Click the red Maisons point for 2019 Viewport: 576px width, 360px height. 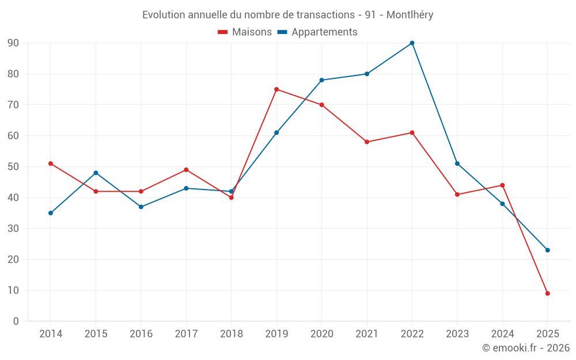click(x=276, y=89)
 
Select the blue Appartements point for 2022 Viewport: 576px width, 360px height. click(x=412, y=43)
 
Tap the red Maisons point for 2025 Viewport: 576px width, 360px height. click(x=547, y=293)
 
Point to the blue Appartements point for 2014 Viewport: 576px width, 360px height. click(x=51, y=213)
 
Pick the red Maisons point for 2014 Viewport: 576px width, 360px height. click(x=51, y=164)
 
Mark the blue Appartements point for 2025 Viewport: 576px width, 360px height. click(x=547, y=250)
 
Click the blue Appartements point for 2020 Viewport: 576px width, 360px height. click(x=321, y=80)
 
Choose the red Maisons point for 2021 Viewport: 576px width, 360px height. click(x=367, y=142)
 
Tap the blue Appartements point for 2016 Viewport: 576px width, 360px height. click(x=141, y=207)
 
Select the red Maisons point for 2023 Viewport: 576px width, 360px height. click(x=457, y=195)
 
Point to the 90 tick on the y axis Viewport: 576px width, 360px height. click(x=13, y=43)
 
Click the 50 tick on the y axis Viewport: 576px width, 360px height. click(x=13, y=167)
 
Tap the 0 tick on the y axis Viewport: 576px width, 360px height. click(x=16, y=321)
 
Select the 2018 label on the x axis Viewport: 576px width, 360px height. click(x=232, y=334)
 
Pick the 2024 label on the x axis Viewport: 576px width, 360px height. click(x=502, y=334)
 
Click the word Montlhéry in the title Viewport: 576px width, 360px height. click(x=410, y=15)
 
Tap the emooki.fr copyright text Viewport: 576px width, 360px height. click(x=526, y=348)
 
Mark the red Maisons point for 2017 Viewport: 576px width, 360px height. click(x=186, y=170)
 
